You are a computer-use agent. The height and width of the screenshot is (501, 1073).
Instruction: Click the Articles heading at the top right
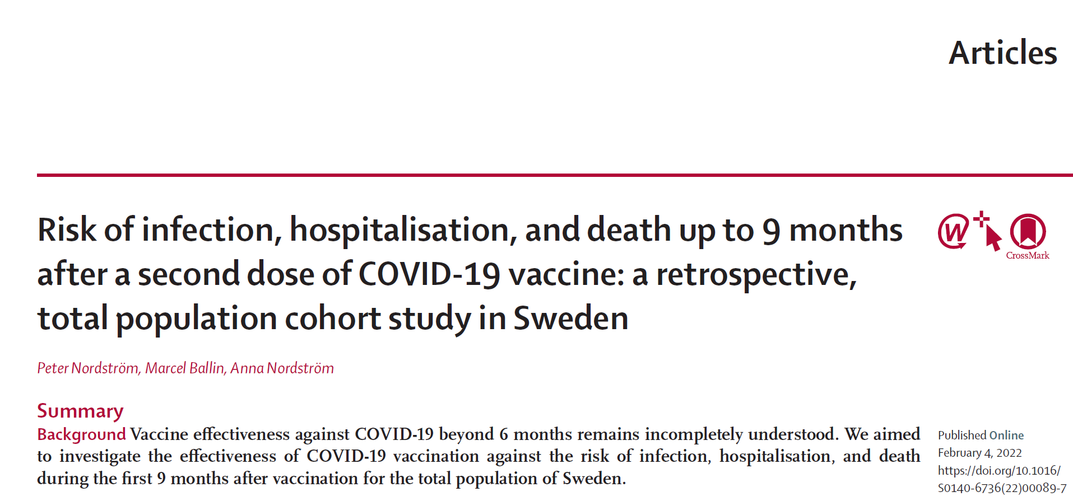[x=1002, y=53]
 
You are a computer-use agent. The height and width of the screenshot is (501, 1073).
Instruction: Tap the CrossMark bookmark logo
[x=1028, y=232]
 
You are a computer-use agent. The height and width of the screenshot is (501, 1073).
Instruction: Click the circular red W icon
[x=953, y=231]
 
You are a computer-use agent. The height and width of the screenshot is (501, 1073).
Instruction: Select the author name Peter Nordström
[x=88, y=368]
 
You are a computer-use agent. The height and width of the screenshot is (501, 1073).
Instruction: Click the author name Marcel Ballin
[x=185, y=368]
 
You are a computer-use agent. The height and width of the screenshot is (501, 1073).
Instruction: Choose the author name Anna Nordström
[x=282, y=368]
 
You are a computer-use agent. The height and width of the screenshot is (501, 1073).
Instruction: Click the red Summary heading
[x=80, y=411]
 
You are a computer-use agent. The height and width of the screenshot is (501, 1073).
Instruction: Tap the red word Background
[x=81, y=434]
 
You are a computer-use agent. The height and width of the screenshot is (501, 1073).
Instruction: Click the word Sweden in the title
[x=570, y=319]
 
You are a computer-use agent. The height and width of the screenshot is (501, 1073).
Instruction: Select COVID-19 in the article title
[x=429, y=274]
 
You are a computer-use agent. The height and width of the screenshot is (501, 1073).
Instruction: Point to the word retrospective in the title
[x=756, y=274]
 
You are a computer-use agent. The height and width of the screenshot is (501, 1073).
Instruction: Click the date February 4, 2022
[x=979, y=453]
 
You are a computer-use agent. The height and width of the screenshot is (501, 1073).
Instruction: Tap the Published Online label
[x=981, y=436]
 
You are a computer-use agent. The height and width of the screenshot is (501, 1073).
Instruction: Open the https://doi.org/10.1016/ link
[x=999, y=471]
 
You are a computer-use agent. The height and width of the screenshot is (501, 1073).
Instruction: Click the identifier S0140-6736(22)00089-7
[x=1002, y=488]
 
